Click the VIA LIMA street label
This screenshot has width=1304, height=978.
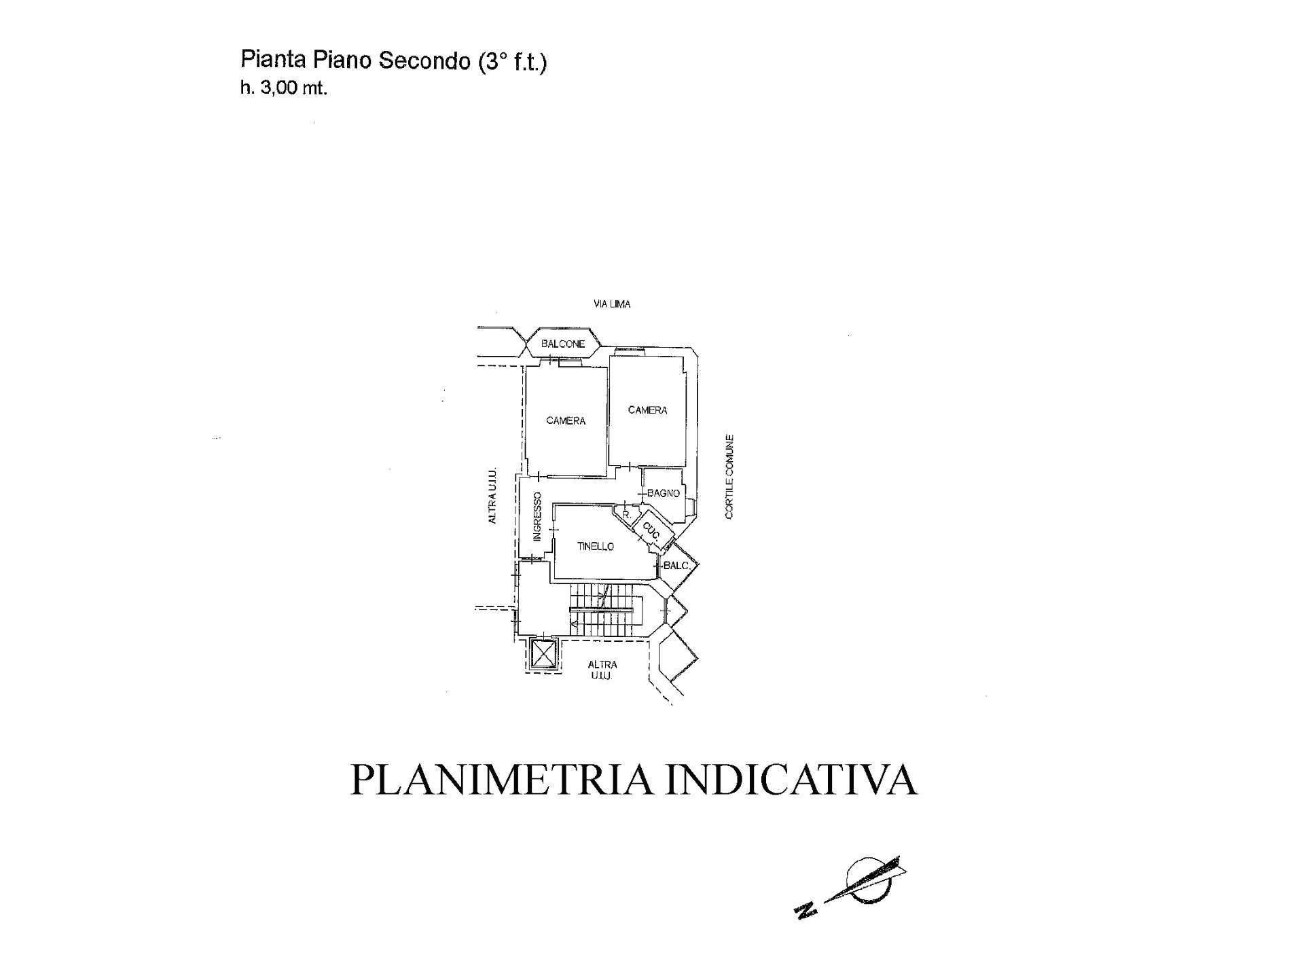[612, 304]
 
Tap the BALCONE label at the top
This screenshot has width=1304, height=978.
[563, 344]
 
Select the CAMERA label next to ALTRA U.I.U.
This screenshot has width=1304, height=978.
[566, 421]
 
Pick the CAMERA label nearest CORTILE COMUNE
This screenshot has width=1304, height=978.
[647, 410]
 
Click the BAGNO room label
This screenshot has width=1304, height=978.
[664, 494]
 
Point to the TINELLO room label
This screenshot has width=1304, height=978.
[596, 547]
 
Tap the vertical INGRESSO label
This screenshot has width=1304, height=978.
[537, 517]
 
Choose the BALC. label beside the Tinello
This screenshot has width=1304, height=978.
[677, 566]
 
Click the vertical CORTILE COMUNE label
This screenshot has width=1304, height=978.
[729, 477]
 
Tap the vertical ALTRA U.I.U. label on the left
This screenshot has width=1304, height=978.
[492, 495]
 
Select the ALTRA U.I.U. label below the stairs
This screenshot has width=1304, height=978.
[602, 670]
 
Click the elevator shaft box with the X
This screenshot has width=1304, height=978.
[543, 655]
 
